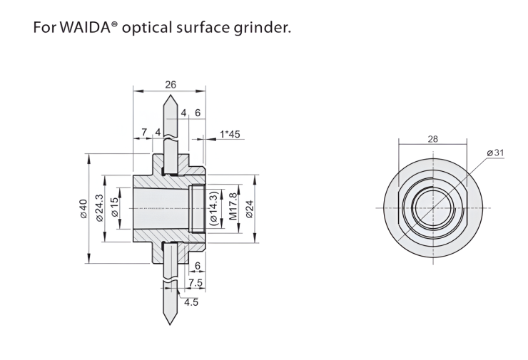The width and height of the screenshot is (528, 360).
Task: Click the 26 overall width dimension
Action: pyautogui.click(x=171, y=84)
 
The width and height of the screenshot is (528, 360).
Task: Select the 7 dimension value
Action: pyautogui.click(x=143, y=132)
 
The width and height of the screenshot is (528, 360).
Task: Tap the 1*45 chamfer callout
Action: pyautogui.click(x=230, y=133)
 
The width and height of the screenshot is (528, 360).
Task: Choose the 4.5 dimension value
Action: pyautogui.click(x=191, y=302)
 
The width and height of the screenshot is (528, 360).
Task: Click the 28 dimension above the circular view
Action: pyautogui.click(x=433, y=139)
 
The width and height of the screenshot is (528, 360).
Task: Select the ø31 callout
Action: pyautogui.click(x=495, y=153)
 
